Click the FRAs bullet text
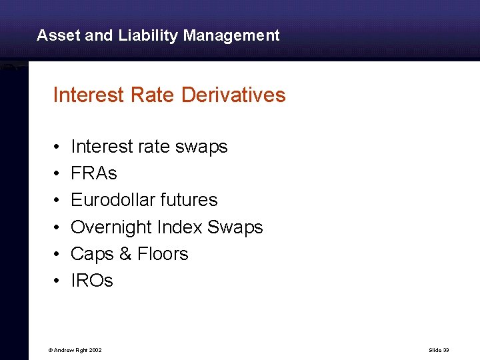94,173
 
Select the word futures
193,200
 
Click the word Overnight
111,227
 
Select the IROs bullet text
92,281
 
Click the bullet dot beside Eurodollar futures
58,201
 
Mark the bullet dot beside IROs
58,281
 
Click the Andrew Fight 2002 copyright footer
75,350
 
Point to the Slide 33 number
439,350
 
